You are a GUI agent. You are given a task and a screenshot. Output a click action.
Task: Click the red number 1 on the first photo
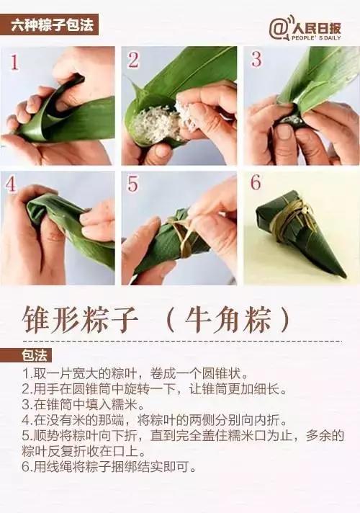point(15,63)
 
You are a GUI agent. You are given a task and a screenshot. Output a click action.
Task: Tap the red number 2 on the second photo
point(133,60)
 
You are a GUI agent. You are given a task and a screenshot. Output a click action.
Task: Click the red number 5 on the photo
point(133,184)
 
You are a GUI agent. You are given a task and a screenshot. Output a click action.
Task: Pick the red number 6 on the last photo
point(256,183)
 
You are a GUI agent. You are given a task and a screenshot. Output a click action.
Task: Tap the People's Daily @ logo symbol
point(279,28)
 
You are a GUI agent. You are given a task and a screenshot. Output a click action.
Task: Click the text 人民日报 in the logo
point(315,26)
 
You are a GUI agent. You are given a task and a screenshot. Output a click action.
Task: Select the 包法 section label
point(34,355)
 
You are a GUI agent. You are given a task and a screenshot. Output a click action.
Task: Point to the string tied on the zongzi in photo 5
point(180,231)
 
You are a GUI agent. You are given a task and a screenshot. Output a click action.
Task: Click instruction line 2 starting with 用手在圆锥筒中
point(155,390)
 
